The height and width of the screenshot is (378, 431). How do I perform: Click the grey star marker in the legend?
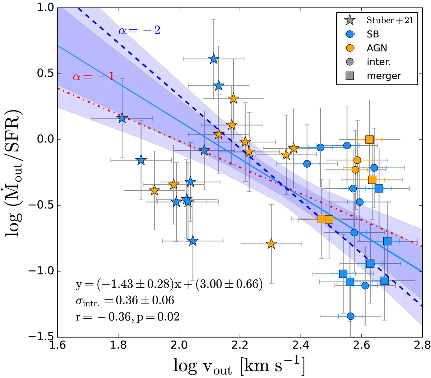(x=349, y=21)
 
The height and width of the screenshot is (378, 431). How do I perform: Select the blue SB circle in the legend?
(x=349, y=34)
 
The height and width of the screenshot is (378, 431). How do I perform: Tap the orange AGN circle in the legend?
(x=349, y=48)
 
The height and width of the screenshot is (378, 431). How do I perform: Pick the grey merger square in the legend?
(x=349, y=76)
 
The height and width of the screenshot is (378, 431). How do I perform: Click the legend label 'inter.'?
(x=379, y=62)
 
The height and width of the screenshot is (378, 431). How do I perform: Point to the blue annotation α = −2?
(x=139, y=30)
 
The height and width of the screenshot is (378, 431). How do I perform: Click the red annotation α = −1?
(x=93, y=77)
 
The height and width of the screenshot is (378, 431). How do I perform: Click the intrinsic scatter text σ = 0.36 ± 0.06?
(x=125, y=300)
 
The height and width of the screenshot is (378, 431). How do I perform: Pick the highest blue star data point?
(x=214, y=59)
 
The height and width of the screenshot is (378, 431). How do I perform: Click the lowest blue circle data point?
(x=351, y=316)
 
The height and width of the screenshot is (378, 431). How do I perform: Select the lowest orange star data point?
(x=271, y=244)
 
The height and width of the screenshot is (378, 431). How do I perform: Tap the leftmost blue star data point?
(x=122, y=118)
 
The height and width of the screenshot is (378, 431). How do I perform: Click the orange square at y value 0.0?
(x=370, y=140)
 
